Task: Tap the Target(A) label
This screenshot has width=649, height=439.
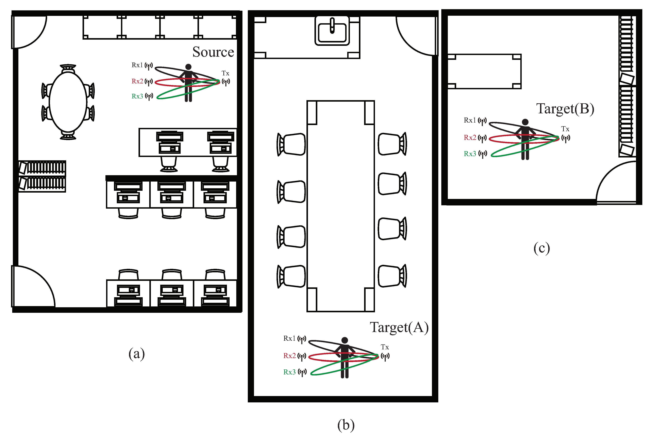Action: (399, 327)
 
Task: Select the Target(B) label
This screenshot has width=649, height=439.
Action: (565, 109)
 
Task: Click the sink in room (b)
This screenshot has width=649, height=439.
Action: (332, 31)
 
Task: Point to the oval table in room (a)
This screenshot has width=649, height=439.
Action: (68, 102)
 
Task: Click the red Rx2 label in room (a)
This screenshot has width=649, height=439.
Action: (137, 81)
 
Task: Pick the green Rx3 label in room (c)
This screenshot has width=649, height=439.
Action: (470, 154)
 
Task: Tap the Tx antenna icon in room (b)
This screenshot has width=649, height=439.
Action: (385, 357)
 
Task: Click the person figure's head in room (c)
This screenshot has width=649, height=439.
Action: (525, 122)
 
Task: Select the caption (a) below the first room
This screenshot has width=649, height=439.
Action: (137, 354)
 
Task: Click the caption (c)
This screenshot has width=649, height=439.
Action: (542, 248)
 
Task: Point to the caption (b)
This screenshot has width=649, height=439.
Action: (346, 425)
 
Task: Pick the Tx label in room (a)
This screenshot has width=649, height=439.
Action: (225, 73)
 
